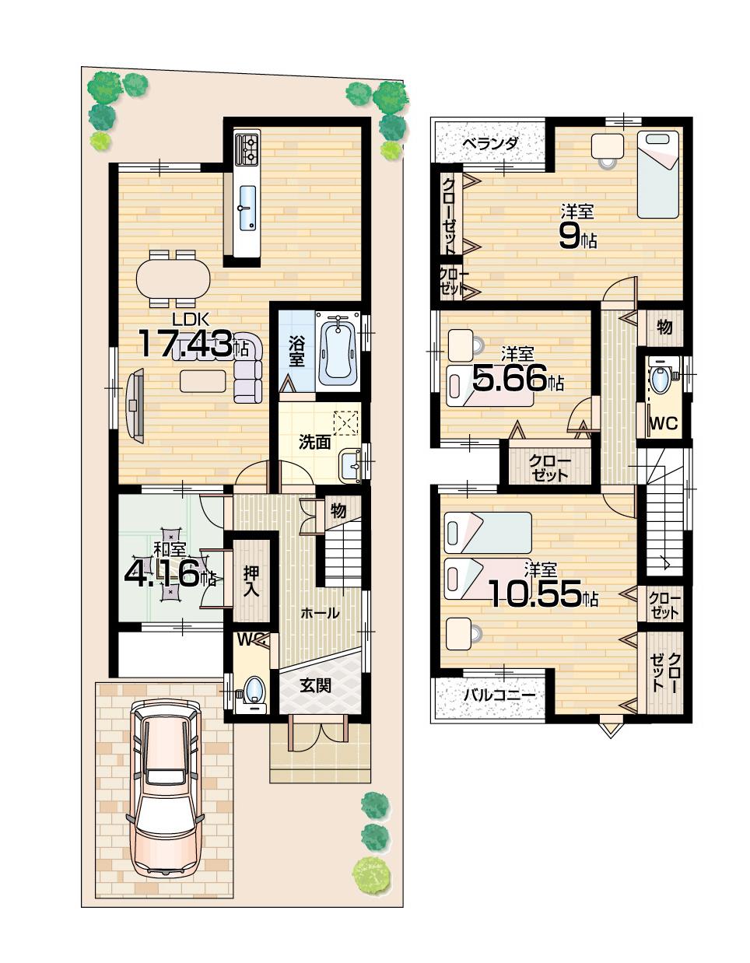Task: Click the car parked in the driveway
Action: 164,786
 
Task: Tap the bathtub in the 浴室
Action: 337,349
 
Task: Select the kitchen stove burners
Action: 247,149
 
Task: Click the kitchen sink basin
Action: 247,208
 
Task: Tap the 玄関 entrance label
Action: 316,685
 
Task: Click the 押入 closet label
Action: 251,580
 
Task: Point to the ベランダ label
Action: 489,144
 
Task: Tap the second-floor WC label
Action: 663,424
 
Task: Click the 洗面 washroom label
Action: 315,443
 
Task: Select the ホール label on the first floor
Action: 320,613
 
